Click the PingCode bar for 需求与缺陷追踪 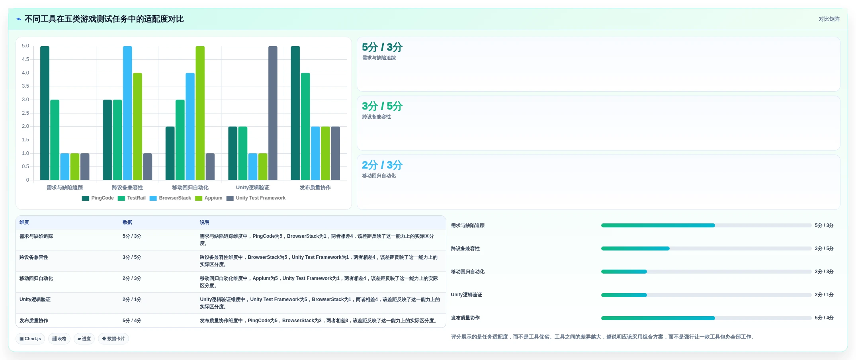click(x=45, y=113)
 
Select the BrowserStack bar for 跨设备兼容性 click(x=127, y=113)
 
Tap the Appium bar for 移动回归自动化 click(x=200, y=113)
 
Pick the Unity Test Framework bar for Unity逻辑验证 click(x=273, y=113)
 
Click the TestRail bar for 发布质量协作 click(x=305, y=127)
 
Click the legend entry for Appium click(x=209, y=198)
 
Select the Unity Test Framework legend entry click(x=256, y=198)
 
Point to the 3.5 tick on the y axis click(x=25, y=86)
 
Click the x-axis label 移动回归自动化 click(x=190, y=188)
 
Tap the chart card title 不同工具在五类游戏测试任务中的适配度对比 click(x=104, y=19)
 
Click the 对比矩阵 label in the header click(x=829, y=19)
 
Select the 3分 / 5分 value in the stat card click(x=382, y=106)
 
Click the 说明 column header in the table click(x=205, y=222)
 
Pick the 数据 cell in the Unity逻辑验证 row click(x=132, y=299)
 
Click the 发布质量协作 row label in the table click(x=34, y=321)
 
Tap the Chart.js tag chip click(x=30, y=339)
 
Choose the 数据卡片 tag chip click(x=113, y=339)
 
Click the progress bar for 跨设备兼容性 click(x=706, y=248)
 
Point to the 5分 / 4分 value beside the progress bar click(x=824, y=318)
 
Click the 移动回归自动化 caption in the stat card click(x=379, y=176)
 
